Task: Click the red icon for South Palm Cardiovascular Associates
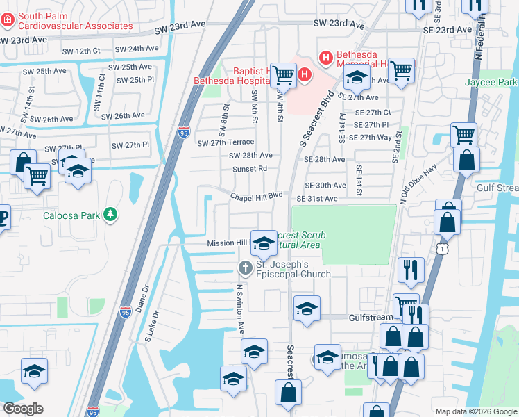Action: pos(8,21)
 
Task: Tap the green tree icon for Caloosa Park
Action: pos(110,215)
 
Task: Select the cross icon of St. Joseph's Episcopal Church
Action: pos(245,268)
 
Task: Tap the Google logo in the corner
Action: pos(23,409)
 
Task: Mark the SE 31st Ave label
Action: pos(316,199)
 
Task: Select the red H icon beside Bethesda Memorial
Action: pos(324,56)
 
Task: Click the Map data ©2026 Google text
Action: pos(475,411)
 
